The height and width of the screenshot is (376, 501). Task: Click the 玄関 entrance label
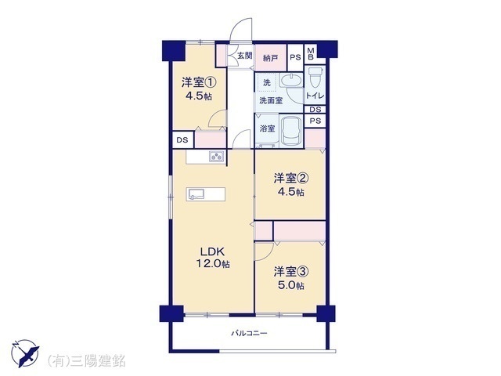245,56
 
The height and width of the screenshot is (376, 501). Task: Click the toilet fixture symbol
316,78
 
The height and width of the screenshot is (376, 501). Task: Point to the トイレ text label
315,96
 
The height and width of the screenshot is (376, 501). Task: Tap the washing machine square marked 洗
267,82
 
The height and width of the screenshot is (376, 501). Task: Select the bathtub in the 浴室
292,130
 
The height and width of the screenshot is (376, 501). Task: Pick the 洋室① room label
199,81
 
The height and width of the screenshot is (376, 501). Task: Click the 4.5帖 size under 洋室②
290,192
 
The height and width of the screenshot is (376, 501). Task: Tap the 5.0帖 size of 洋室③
290,285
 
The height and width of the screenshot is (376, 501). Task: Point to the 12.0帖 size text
214,264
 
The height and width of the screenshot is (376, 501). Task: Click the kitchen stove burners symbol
217,157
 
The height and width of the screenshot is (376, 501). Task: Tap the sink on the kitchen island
195,193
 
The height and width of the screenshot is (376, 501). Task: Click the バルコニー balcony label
249,334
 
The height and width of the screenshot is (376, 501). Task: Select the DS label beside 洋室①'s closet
182,140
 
